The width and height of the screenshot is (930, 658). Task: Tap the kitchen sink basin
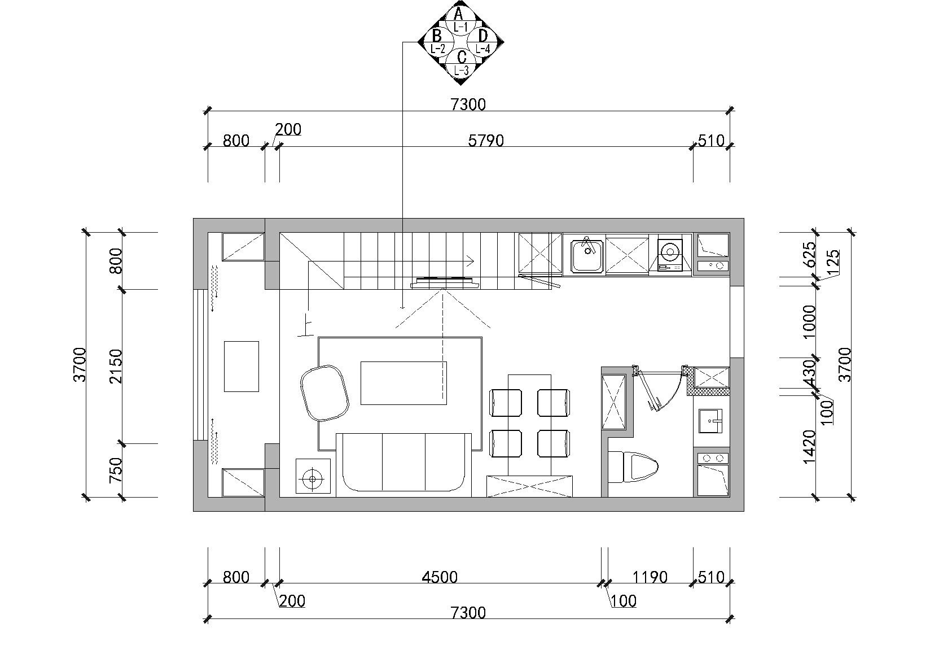(x=587, y=256)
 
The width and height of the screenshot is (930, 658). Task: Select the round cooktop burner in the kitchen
(x=670, y=251)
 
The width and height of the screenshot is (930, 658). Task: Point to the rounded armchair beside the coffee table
(x=324, y=393)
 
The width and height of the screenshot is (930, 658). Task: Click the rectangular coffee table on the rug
(x=403, y=383)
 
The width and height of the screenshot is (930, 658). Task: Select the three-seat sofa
(x=403, y=465)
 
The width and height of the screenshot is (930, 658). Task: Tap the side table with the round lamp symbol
(x=313, y=476)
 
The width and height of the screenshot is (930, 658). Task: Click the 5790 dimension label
(x=486, y=141)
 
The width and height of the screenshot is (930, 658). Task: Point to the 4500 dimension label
(x=440, y=577)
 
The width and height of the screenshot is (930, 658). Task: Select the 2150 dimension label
(x=116, y=366)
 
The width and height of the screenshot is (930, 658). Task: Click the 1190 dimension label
(x=650, y=577)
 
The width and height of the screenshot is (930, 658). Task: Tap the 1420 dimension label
(x=810, y=447)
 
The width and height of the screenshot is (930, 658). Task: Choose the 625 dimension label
(x=810, y=254)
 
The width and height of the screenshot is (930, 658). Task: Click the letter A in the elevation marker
(x=458, y=14)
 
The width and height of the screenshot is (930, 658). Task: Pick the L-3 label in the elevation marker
(x=461, y=70)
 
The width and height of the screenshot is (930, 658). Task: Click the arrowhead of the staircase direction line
(x=471, y=261)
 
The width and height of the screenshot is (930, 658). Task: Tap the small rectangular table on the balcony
(x=241, y=366)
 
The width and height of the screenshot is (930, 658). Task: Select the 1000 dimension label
(x=810, y=322)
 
